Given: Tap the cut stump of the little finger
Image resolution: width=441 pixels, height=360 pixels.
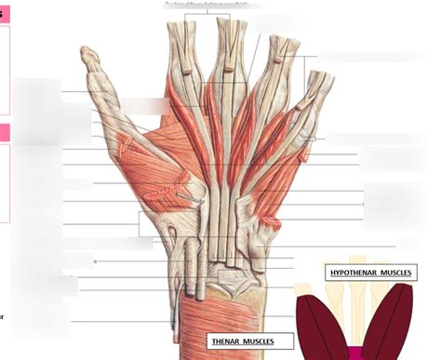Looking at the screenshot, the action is (324, 79).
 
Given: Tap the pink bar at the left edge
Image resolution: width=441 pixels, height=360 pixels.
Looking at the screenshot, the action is (5, 132).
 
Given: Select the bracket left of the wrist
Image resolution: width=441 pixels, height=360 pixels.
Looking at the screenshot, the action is (140, 223).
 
